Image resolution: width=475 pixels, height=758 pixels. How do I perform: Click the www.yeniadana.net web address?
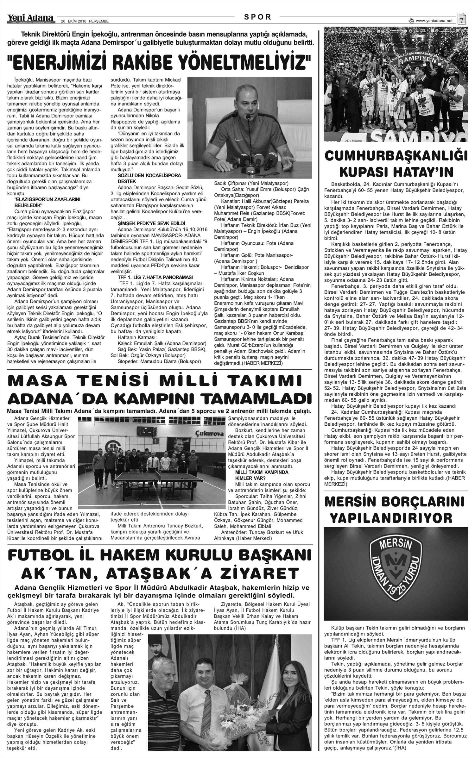[x=434, y=21]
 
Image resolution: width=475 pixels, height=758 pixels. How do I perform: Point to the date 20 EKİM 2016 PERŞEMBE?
[x=85, y=21]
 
